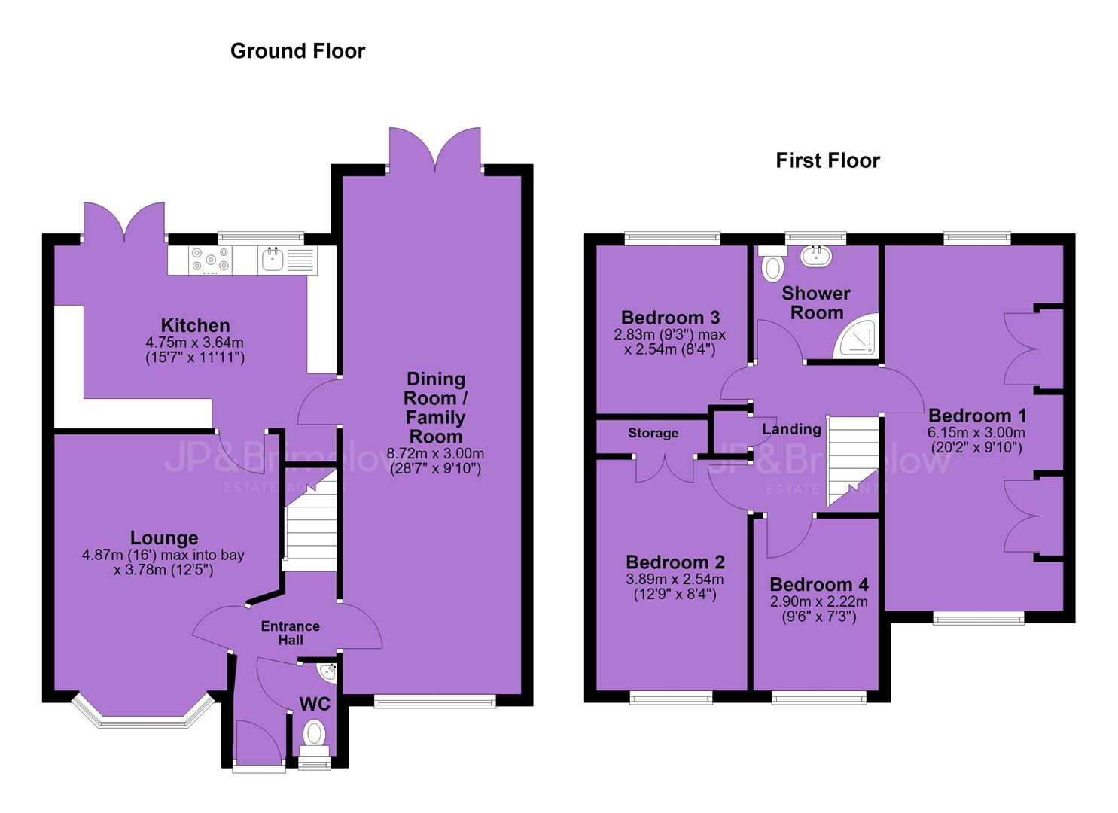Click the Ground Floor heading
click(297, 51)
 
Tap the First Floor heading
click(827, 160)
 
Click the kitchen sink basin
click(272, 259)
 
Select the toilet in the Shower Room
click(772, 263)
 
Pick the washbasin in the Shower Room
click(817, 256)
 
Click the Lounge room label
click(164, 537)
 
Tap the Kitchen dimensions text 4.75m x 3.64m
click(195, 343)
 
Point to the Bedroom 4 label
click(819, 584)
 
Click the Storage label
click(653, 433)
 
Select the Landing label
click(791, 429)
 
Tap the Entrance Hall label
click(290, 633)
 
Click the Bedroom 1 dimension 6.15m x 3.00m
click(976, 432)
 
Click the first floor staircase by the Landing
click(853, 461)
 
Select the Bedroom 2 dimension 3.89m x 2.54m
click(675, 579)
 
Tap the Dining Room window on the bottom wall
click(434, 701)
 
